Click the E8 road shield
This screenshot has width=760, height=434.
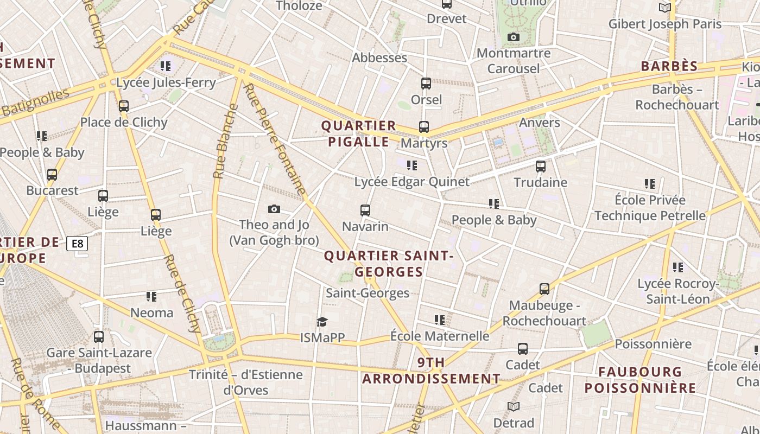(77, 244)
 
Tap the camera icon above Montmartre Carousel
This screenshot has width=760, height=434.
(513, 37)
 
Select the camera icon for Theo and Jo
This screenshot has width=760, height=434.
(274, 209)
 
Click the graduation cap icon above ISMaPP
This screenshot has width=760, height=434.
(322, 322)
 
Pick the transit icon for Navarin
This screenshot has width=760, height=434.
(365, 210)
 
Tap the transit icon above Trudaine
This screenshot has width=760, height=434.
(541, 167)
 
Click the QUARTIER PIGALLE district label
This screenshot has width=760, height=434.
(358, 134)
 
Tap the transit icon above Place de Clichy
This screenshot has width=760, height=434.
(124, 106)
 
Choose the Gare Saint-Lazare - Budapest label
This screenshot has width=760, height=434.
(99, 360)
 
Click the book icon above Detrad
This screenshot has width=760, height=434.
(514, 406)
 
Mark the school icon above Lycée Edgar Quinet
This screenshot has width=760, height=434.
(412, 165)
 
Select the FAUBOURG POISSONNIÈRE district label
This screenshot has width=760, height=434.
(640, 380)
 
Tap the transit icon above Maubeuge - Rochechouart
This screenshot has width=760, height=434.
(544, 289)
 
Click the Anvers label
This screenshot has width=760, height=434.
(539, 123)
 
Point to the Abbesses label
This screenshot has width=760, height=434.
(379, 58)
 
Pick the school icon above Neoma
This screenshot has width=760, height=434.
(151, 297)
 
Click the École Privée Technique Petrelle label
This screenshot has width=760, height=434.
(650, 208)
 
